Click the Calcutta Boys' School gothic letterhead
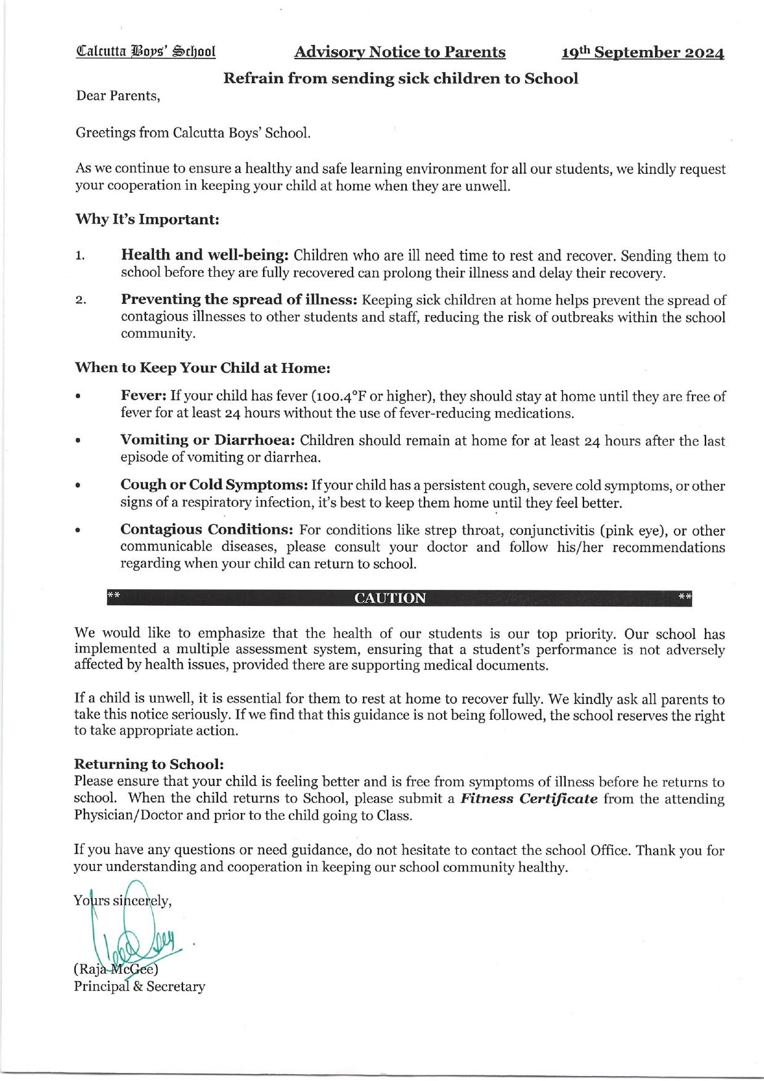coord(145,51)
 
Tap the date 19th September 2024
coord(642,53)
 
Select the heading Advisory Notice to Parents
coord(400,52)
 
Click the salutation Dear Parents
coord(118,96)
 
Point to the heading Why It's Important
coord(147,219)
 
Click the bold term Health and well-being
coord(205,255)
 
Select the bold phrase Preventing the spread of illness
coord(239,300)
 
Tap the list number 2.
coord(80,301)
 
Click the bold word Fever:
coord(144,396)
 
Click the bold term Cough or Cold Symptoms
coord(214,485)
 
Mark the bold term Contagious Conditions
coord(206,530)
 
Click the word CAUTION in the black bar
coord(390,598)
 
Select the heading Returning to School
coord(148,764)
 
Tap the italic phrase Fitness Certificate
coord(529,799)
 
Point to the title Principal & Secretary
coord(139,986)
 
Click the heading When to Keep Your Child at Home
coord(203,368)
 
